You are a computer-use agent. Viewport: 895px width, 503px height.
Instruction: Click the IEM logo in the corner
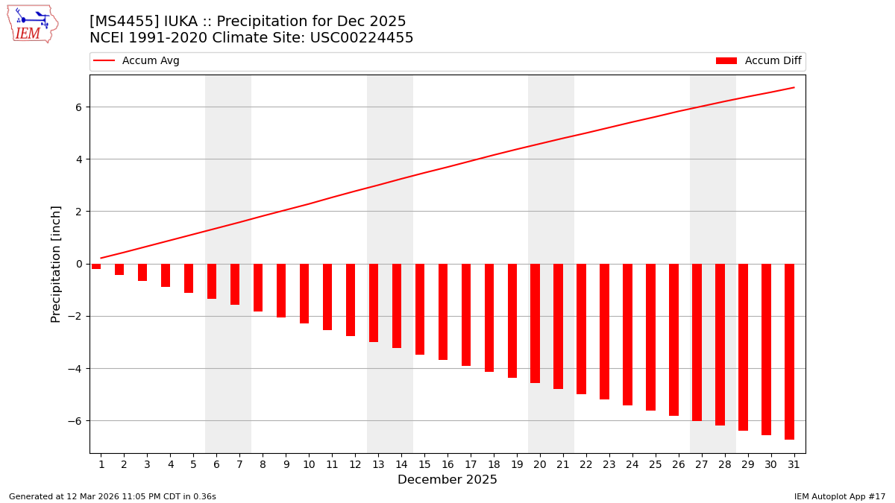[33, 24]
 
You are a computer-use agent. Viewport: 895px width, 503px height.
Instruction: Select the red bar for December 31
[789, 351]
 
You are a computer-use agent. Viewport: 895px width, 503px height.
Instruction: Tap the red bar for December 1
[96, 266]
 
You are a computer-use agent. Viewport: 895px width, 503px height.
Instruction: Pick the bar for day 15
[420, 309]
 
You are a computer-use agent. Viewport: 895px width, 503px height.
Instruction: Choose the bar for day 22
[581, 329]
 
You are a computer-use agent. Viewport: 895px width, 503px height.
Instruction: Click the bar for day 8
[258, 288]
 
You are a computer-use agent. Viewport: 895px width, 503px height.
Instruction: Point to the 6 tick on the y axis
[79, 107]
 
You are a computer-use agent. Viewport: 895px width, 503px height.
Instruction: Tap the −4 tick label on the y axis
[76, 369]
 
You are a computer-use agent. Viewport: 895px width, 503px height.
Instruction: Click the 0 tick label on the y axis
[79, 264]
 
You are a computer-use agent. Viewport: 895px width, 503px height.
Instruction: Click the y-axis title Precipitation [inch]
[56, 264]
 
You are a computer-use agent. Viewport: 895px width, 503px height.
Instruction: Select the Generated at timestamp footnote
[113, 496]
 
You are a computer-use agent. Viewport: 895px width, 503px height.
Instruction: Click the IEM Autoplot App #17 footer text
[839, 496]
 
